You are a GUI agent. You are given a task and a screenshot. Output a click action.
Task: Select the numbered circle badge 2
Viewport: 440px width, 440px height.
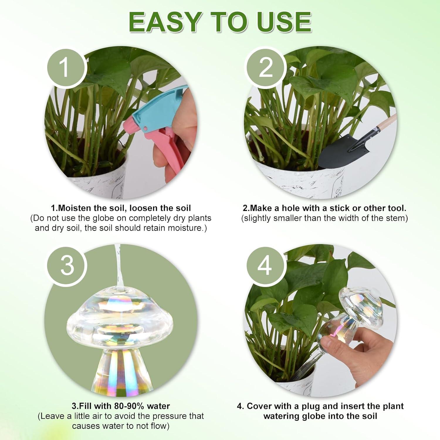pos(266,67)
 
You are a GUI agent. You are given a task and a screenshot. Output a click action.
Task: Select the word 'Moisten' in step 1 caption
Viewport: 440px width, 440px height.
pos(74,208)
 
